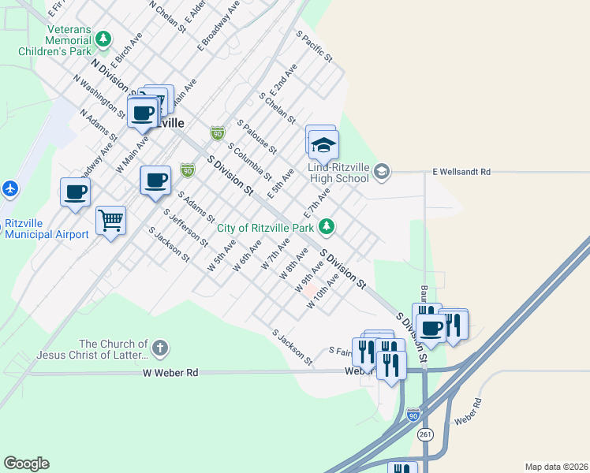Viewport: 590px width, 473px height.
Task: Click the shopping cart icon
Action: click(x=111, y=221)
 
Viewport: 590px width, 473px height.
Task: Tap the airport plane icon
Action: click(x=9, y=189)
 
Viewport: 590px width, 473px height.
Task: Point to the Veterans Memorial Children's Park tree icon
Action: click(x=103, y=38)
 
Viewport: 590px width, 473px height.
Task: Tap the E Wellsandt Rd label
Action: click(x=461, y=171)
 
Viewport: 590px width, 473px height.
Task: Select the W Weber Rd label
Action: click(x=170, y=372)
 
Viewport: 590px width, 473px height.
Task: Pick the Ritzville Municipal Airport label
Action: click(x=47, y=229)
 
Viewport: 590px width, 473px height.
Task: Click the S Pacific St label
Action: click(x=315, y=47)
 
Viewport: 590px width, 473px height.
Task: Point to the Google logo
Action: click(x=26, y=464)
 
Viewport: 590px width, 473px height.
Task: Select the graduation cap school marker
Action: click(x=323, y=145)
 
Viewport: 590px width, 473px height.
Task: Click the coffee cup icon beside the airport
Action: click(x=76, y=192)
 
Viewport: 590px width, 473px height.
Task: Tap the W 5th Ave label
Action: click(x=221, y=257)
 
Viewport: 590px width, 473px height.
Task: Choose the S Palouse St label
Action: click(x=256, y=137)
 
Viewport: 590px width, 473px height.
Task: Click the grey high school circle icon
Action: click(x=382, y=171)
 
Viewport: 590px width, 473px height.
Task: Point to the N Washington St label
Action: click(x=99, y=96)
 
